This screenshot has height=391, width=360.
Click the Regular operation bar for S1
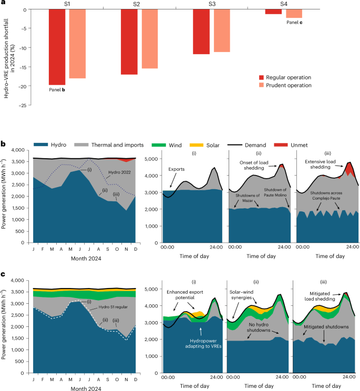click(x=57, y=47)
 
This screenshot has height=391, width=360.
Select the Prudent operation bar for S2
click(x=149, y=39)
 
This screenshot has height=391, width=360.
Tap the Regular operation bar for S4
click(x=273, y=12)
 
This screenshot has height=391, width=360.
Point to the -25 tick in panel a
click(x=23, y=105)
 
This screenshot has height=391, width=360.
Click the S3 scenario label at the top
click(x=212, y=4)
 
